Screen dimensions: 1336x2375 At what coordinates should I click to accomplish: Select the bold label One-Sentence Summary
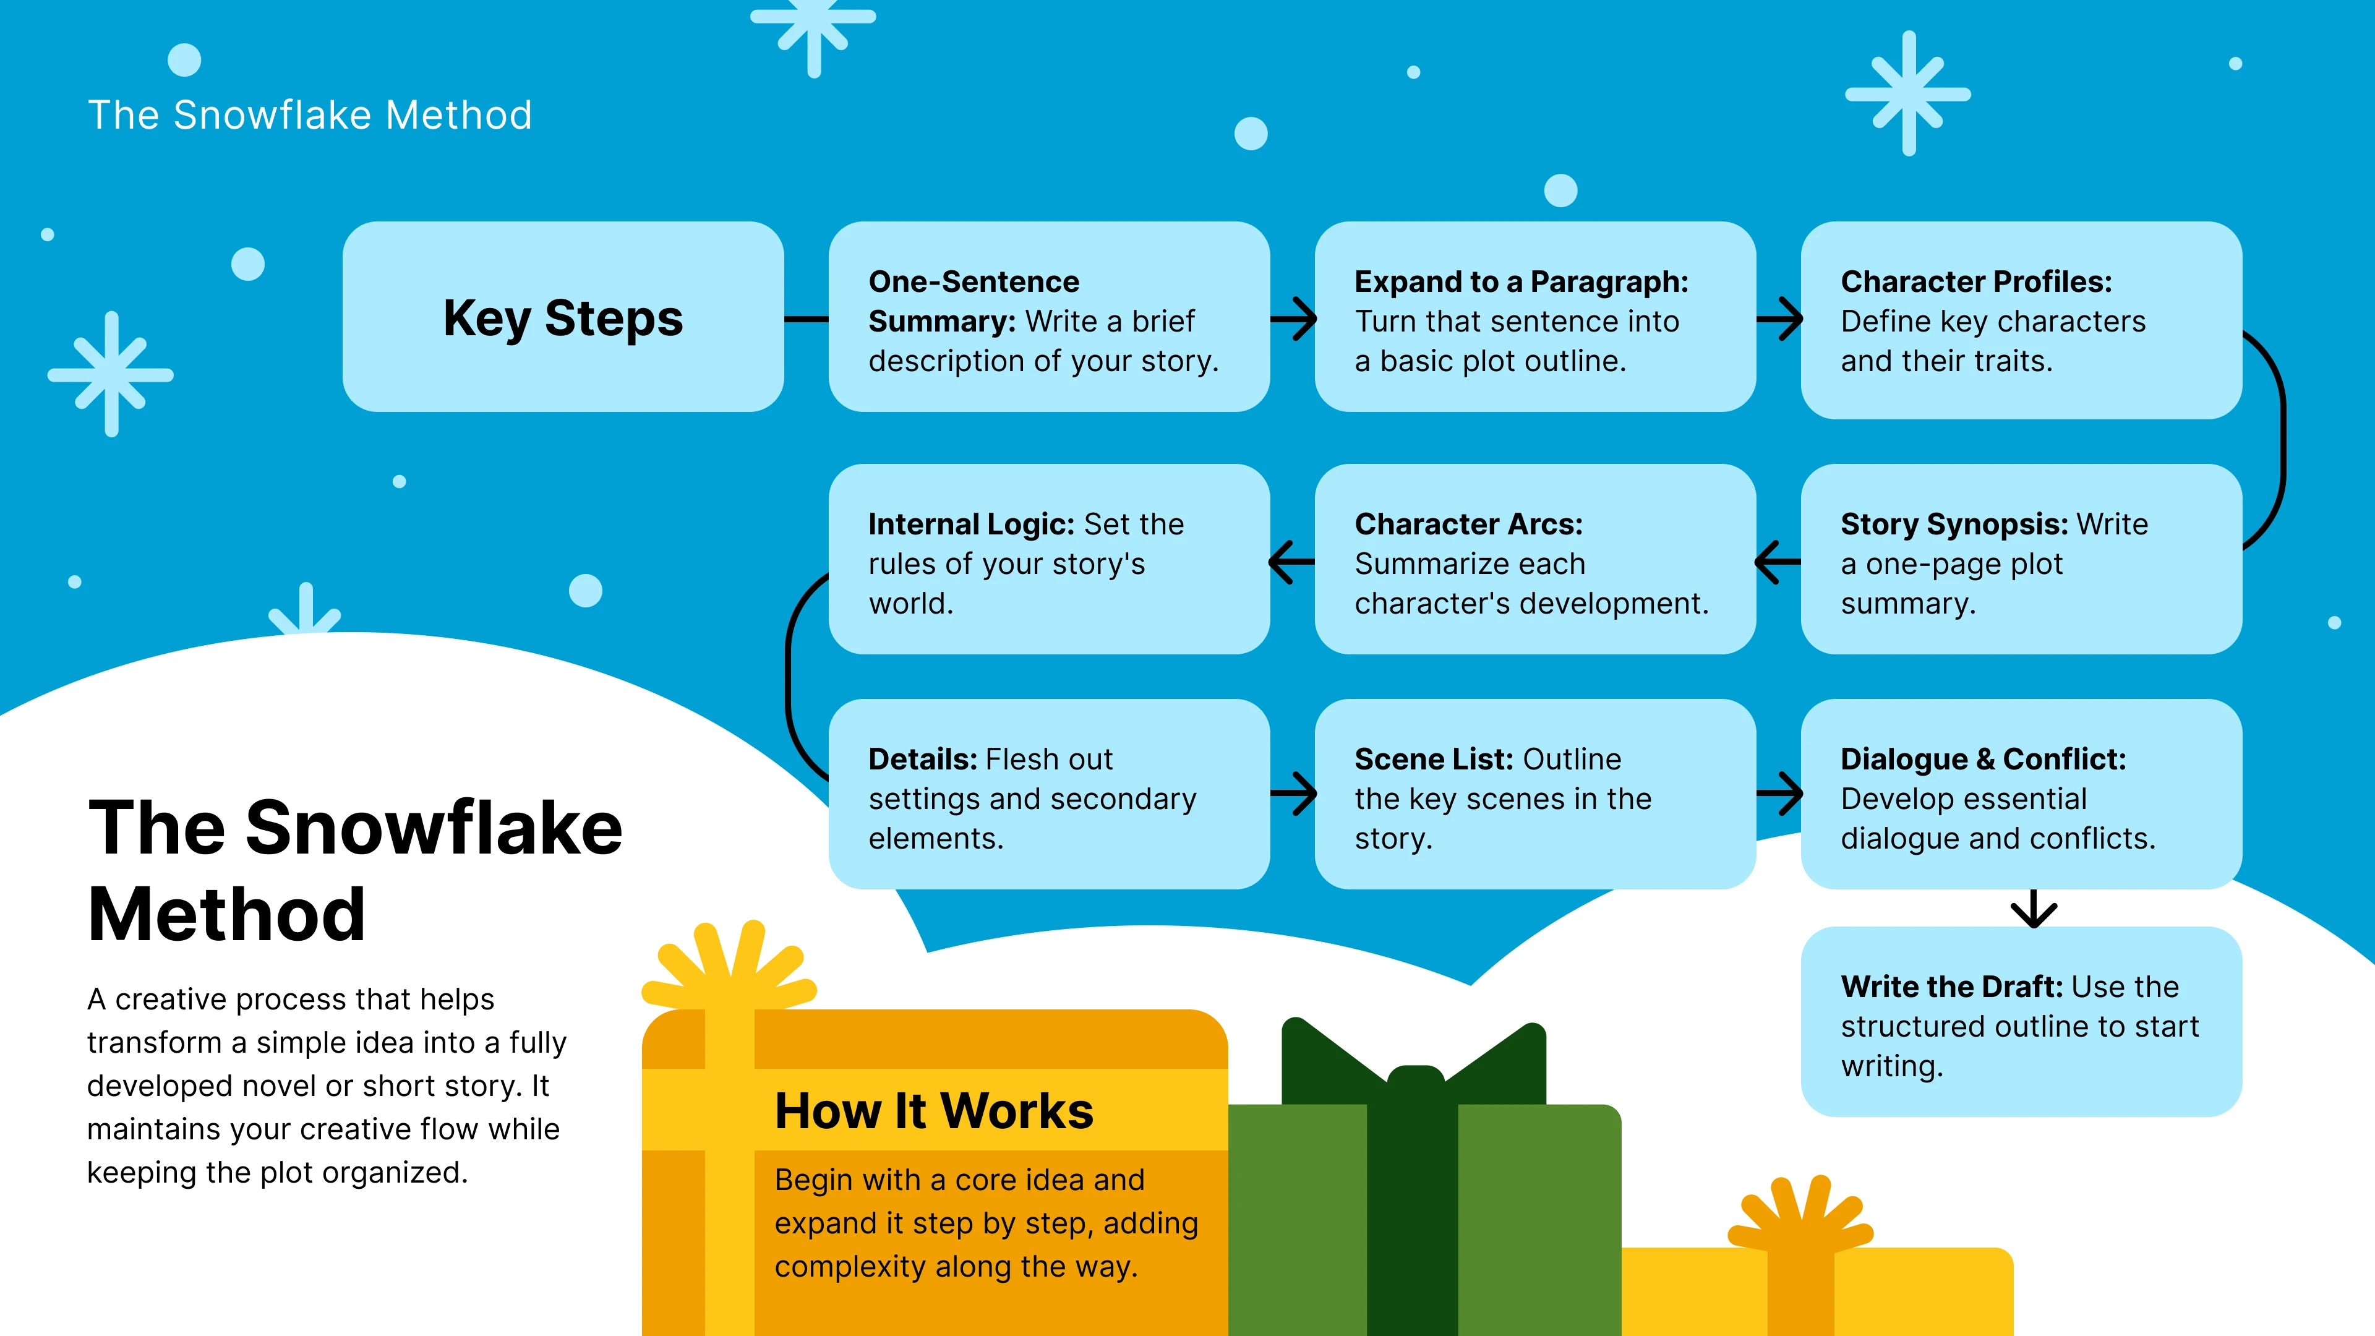coord(973,301)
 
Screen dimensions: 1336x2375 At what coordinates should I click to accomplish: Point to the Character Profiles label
coord(1976,281)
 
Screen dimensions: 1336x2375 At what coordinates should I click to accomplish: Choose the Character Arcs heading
coord(1468,524)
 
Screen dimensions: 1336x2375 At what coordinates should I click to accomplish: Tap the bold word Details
coord(921,759)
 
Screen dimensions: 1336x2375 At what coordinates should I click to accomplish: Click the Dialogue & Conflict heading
coord(1982,759)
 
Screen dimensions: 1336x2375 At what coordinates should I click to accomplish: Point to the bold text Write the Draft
coord(1950,987)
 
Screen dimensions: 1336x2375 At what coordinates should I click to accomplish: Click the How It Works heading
coord(933,1110)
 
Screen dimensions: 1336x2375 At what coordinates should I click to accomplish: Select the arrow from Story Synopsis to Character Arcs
coord(1778,562)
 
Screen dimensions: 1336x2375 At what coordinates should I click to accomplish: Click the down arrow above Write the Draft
coord(2033,909)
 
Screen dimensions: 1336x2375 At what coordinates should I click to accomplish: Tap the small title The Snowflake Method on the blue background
coord(310,115)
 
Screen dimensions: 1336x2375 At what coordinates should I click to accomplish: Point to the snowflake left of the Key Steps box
coord(111,374)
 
